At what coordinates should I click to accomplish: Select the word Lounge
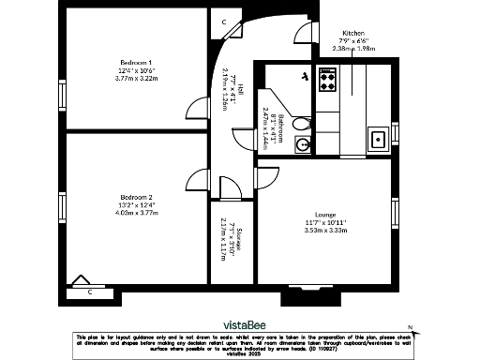pyautogui.click(x=326, y=213)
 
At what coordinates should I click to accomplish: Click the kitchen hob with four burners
pyautogui.click(x=327, y=79)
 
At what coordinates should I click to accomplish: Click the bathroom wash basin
pyautogui.click(x=302, y=144)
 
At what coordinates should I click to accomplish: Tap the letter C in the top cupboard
pyautogui.click(x=224, y=22)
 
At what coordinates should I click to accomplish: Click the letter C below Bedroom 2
pyautogui.click(x=90, y=292)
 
